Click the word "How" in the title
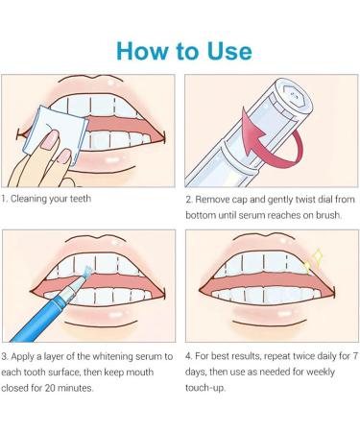(142, 51)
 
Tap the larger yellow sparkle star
(318, 256)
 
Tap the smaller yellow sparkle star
(307, 268)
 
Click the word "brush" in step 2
(328, 215)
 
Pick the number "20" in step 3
(50, 388)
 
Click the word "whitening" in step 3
(112, 356)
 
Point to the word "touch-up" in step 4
(205, 388)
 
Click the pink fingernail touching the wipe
(48, 141)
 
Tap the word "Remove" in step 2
(212, 200)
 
